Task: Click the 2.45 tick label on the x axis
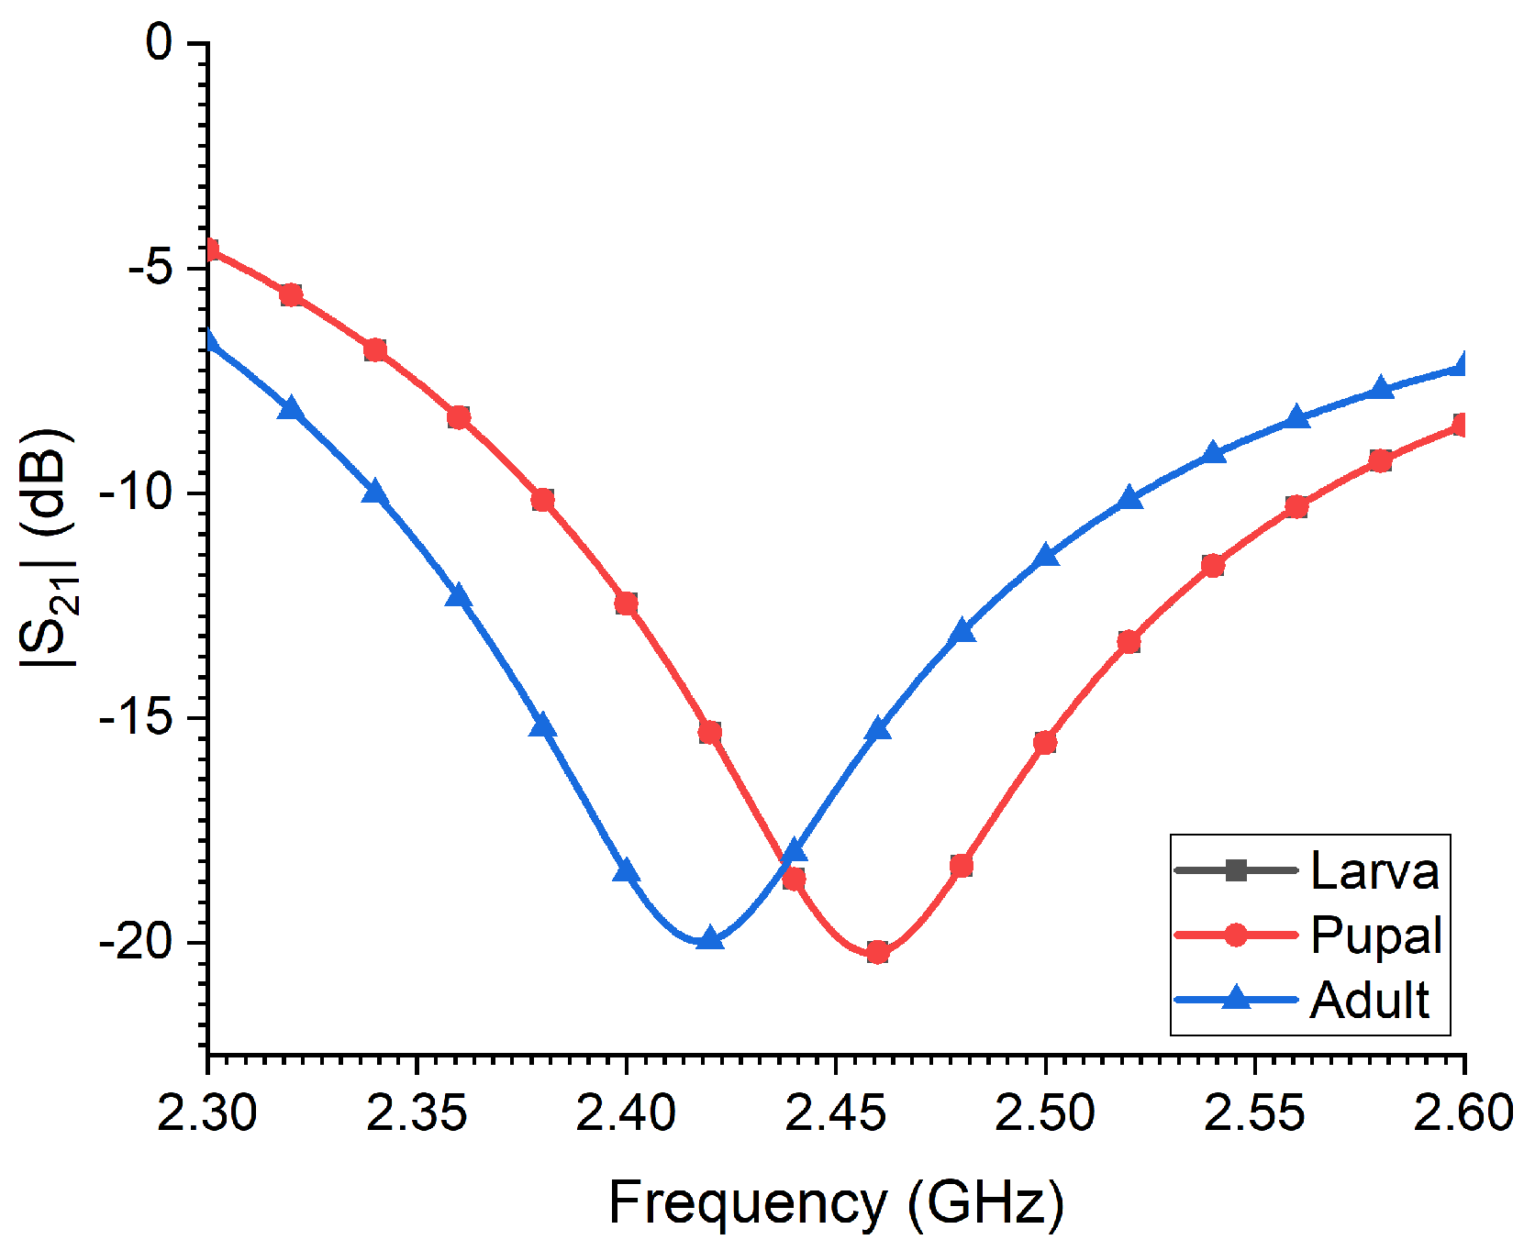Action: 836,1113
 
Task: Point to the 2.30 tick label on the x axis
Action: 207,1113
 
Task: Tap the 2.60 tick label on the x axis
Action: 1463,1113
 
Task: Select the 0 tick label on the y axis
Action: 160,42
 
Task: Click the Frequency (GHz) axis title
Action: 836,1202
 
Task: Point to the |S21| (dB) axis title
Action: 46,548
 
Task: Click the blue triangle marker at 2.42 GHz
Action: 709,938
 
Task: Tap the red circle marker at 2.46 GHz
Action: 877,953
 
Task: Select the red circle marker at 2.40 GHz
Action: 626,603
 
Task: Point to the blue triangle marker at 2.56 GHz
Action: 1296,418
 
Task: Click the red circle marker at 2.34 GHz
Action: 374,350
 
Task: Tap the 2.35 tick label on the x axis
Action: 417,1113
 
